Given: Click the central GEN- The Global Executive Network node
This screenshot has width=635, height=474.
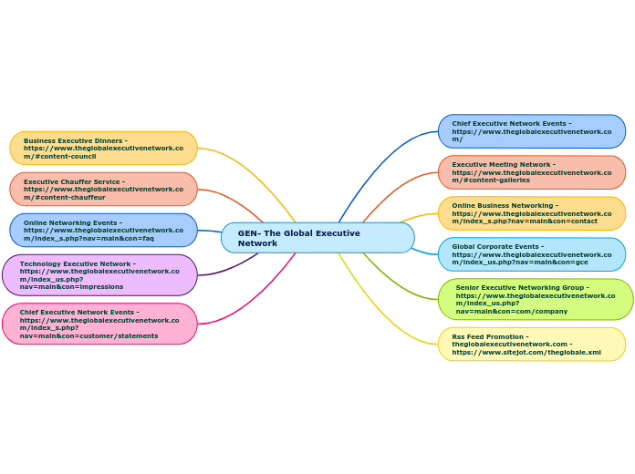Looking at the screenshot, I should tap(317, 238).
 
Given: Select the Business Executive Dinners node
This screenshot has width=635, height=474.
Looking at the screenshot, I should tap(104, 148).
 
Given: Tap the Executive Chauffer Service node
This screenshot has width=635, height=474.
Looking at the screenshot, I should tap(104, 189).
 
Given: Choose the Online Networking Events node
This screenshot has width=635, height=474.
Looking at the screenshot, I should tap(104, 230).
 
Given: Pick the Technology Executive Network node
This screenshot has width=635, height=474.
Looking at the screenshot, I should tap(100, 274).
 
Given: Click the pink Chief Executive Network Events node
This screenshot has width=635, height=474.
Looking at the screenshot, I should tap(100, 324).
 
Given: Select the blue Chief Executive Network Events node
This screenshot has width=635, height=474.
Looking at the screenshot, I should tap(532, 131).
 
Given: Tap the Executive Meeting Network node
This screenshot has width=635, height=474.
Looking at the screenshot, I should tap(532, 172).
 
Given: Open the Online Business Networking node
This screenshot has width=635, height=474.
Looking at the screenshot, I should tap(532, 213).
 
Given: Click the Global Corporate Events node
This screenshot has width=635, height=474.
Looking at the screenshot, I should tap(532, 254).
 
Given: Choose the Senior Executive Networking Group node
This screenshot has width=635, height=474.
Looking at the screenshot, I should tap(536, 299).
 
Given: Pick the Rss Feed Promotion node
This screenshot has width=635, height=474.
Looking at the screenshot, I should tap(532, 344).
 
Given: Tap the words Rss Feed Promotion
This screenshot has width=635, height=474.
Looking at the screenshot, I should tap(490, 336).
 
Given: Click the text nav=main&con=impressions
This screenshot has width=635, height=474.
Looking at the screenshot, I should tap(71, 286).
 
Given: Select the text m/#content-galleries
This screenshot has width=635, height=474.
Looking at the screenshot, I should tap(491, 180).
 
